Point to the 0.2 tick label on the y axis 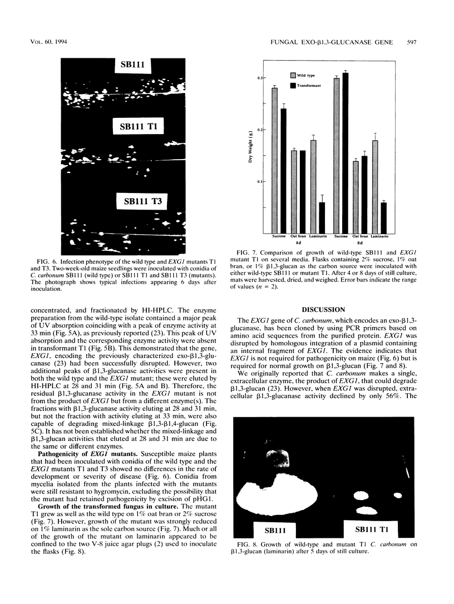(x=262, y=130)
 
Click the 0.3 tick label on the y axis (x=262, y=78)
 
